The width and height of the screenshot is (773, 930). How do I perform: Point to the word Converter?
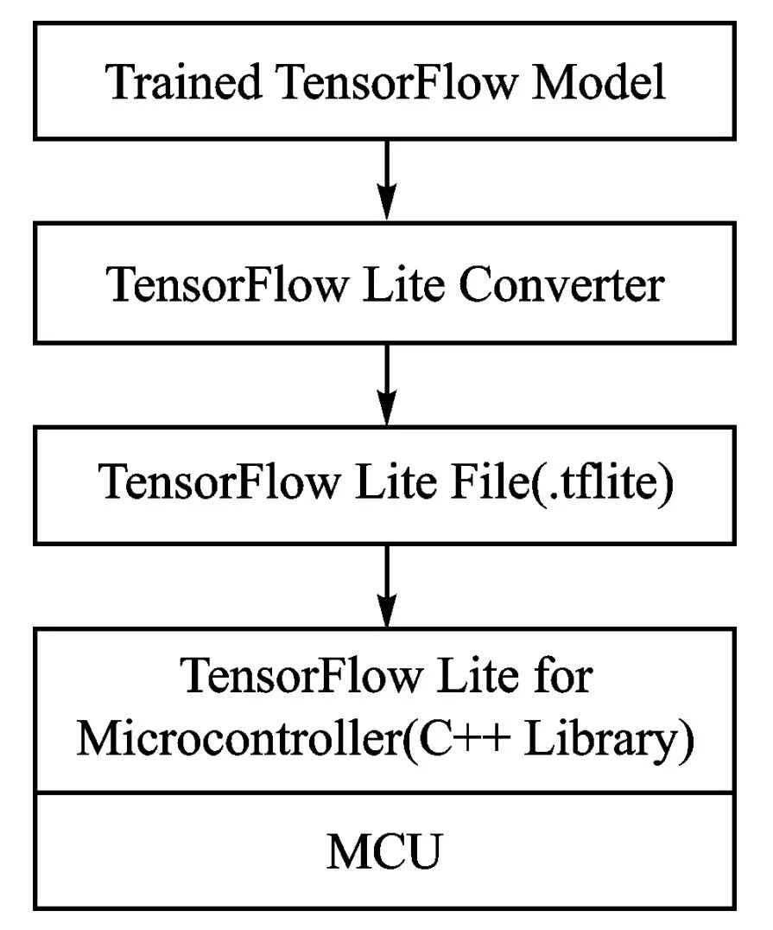point(561,285)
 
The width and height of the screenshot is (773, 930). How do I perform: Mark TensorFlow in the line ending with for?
point(296,677)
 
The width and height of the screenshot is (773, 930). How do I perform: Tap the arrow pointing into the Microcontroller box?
point(386,581)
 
